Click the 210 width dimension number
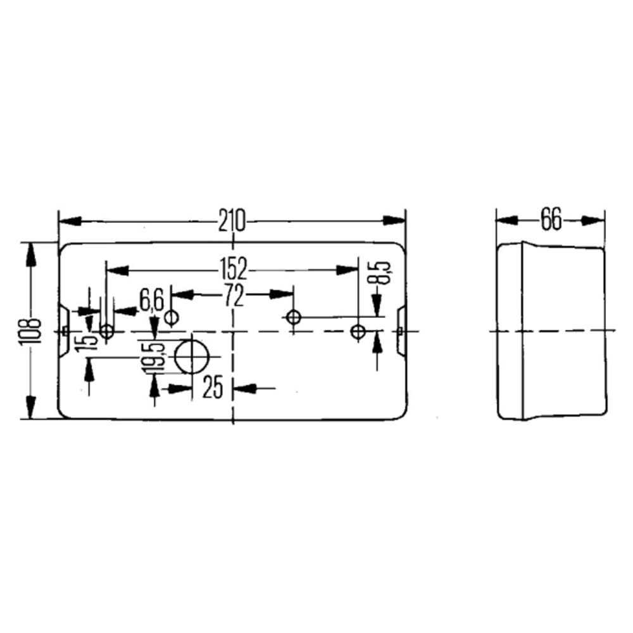click(x=232, y=220)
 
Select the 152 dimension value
click(x=234, y=269)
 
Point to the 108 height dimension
click(x=30, y=331)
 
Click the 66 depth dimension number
click(x=551, y=220)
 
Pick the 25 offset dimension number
click(x=213, y=387)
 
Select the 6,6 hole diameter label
click(x=151, y=300)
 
